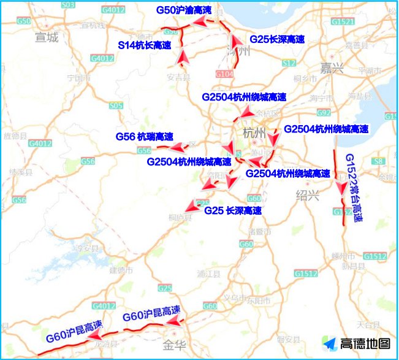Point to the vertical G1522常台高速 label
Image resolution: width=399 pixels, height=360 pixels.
point(354,187)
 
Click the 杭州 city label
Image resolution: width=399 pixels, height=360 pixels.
point(254,134)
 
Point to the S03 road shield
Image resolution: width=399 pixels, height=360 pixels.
point(69,4)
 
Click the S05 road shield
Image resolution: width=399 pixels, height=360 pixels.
point(116,105)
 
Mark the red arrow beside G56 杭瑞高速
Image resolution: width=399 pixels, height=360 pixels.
point(179,148)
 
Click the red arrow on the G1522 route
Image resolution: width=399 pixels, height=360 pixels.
point(341,187)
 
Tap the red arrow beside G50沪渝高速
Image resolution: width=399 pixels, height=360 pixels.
point(199,22)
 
